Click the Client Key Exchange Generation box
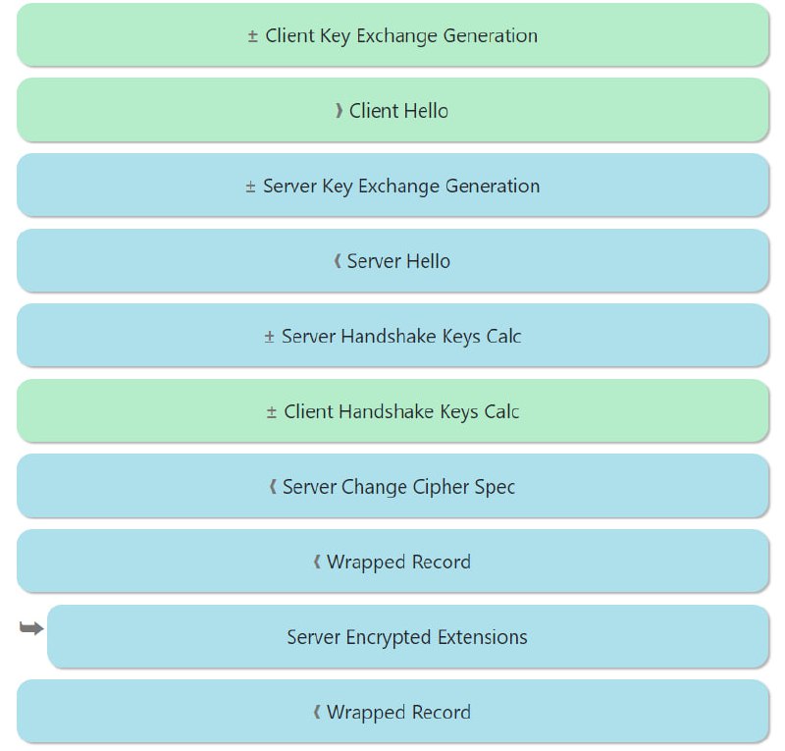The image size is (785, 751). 392,35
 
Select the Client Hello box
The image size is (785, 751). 392,111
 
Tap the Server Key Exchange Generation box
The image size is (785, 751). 392,186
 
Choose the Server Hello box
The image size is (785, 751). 392,261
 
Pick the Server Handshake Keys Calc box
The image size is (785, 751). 392,336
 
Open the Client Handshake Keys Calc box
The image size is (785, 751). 392,411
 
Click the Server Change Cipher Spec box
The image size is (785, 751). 392,487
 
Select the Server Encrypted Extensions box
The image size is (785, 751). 407,637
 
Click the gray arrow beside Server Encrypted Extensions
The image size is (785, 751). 31,628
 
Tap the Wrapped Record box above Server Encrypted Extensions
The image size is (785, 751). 392,562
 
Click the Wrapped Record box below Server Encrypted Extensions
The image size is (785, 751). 392,712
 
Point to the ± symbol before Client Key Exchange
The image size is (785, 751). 253,36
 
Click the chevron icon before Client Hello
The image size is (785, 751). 340,111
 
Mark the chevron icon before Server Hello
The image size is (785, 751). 338,261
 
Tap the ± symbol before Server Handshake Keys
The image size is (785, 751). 270,337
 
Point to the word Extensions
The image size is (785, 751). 482,637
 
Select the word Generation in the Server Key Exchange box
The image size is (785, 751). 493,187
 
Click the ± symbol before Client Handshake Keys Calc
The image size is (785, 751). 272,412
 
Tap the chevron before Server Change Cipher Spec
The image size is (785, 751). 273,487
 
